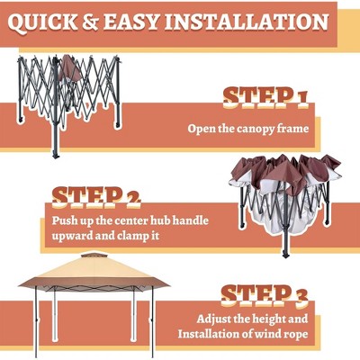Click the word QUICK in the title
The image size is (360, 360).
coord(50,21)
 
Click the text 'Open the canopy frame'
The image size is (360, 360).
coord(247,129)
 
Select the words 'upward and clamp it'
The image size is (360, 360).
coord(103,237)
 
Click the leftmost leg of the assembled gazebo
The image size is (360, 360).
coord(36,324)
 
